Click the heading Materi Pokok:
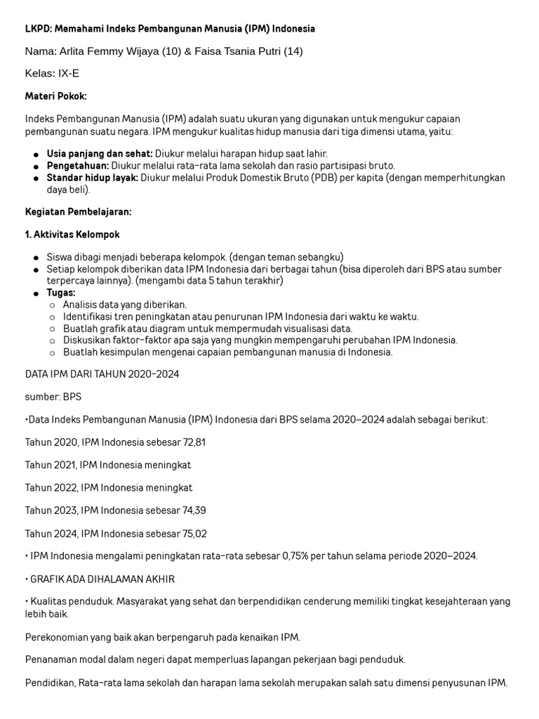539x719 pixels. click(x=56, y=95)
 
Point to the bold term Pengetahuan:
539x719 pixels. click(x=78, y=166)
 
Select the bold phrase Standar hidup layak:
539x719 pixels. click(x=92, y=178)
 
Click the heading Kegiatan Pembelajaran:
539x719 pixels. click(x=78, y=211)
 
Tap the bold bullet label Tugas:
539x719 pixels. click(x=61, y=292)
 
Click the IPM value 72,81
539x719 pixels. click(x=192, y=442)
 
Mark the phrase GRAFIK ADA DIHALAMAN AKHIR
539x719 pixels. click(x=103, y=579)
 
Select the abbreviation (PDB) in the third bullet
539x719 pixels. click(x=324, y=178)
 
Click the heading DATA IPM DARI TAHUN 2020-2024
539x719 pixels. click(x=102, y=374)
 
